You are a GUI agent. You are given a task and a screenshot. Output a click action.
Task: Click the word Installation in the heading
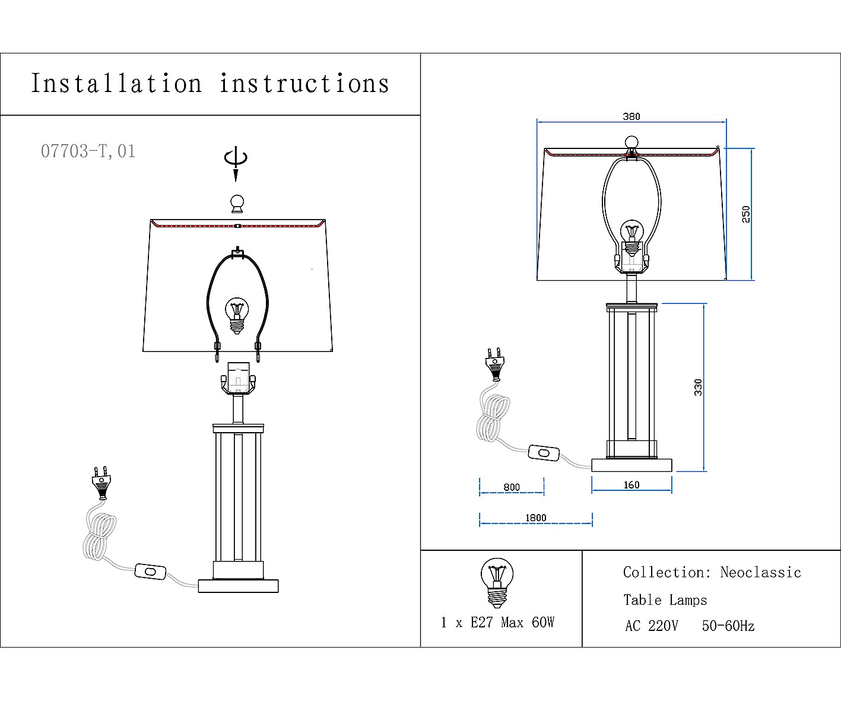(x=116, y=84)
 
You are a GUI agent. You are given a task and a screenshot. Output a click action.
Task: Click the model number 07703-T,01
(x=88, y=151)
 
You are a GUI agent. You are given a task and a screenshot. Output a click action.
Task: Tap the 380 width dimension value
(x=631, y=116)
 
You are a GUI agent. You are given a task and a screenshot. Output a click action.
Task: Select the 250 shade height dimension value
(x=746, y=214)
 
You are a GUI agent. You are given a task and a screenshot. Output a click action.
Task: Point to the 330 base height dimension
(x=698, y=387)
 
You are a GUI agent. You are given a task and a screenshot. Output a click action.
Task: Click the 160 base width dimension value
(x=631, y=485)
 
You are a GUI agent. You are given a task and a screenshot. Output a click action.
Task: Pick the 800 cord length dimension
(x=512, y=487)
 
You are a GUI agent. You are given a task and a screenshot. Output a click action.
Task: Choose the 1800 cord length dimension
(x=536, y=518)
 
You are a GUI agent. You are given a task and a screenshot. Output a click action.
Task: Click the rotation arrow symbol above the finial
(x=236, y=163)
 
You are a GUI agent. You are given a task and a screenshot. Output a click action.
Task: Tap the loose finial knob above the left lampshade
(x=237, y=204)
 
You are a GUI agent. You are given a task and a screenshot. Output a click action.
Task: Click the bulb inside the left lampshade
(x=237, y=315)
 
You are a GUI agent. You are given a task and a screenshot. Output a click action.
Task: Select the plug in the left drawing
(x=101, y=483)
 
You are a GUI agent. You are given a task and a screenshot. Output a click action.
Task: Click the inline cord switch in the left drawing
(x=150, y=571)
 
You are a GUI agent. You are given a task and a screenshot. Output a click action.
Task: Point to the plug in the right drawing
(x=495, y=364)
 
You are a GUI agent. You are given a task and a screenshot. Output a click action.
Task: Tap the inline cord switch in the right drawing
(x=544, y=453)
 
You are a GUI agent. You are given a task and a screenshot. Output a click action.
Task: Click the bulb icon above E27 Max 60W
(x=497, y=582)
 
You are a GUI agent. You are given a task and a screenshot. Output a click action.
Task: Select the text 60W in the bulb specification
(x=543, y=623)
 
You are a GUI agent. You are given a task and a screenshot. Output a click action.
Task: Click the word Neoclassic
(x=760, y=572)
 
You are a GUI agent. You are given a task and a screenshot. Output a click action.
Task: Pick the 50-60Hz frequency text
(x=728, y=626)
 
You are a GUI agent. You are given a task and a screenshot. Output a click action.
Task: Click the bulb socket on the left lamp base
(x=238, y=378)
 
